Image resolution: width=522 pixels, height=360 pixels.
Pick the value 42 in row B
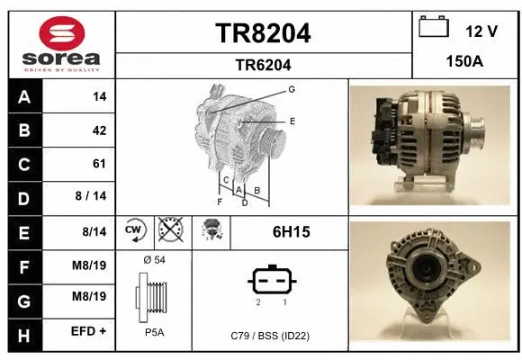99,130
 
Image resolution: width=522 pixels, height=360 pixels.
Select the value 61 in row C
99,164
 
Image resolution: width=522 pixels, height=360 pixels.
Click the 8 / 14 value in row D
94,197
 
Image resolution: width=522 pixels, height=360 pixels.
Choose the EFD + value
90,331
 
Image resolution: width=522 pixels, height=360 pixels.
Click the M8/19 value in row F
90,265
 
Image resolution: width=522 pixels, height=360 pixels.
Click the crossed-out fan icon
170,231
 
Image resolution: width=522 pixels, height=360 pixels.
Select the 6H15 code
291,232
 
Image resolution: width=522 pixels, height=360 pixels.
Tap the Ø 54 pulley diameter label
153,260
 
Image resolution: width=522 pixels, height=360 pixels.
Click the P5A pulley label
153,332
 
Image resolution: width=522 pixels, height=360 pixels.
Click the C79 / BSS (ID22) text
269,336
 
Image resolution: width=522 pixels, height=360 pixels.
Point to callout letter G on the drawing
292,90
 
